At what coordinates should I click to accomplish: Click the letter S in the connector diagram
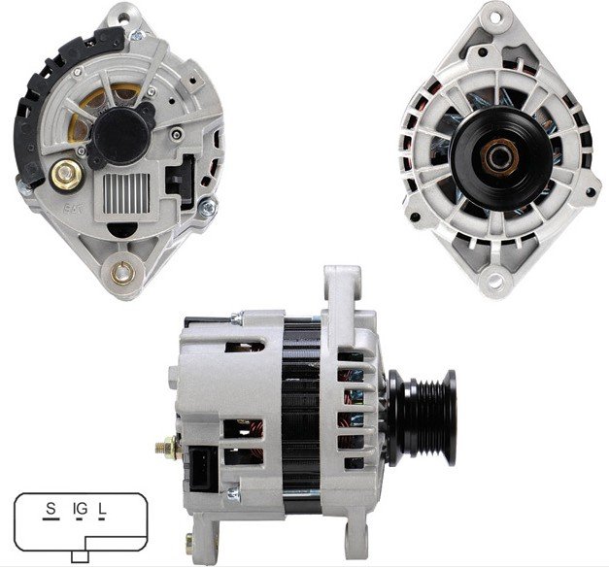tap(51, 508)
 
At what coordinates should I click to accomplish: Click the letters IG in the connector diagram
tap(80, 509)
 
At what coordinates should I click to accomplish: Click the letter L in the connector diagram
tap(102, 509)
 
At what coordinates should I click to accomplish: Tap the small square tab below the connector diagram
tap(80, 556)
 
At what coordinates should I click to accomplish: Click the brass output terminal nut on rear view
tap(67, 175)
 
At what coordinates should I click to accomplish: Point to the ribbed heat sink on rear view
tap(126, 193)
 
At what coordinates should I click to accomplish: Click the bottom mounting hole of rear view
tap(122, 273)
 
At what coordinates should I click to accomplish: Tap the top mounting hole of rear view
tap(123, 17)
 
